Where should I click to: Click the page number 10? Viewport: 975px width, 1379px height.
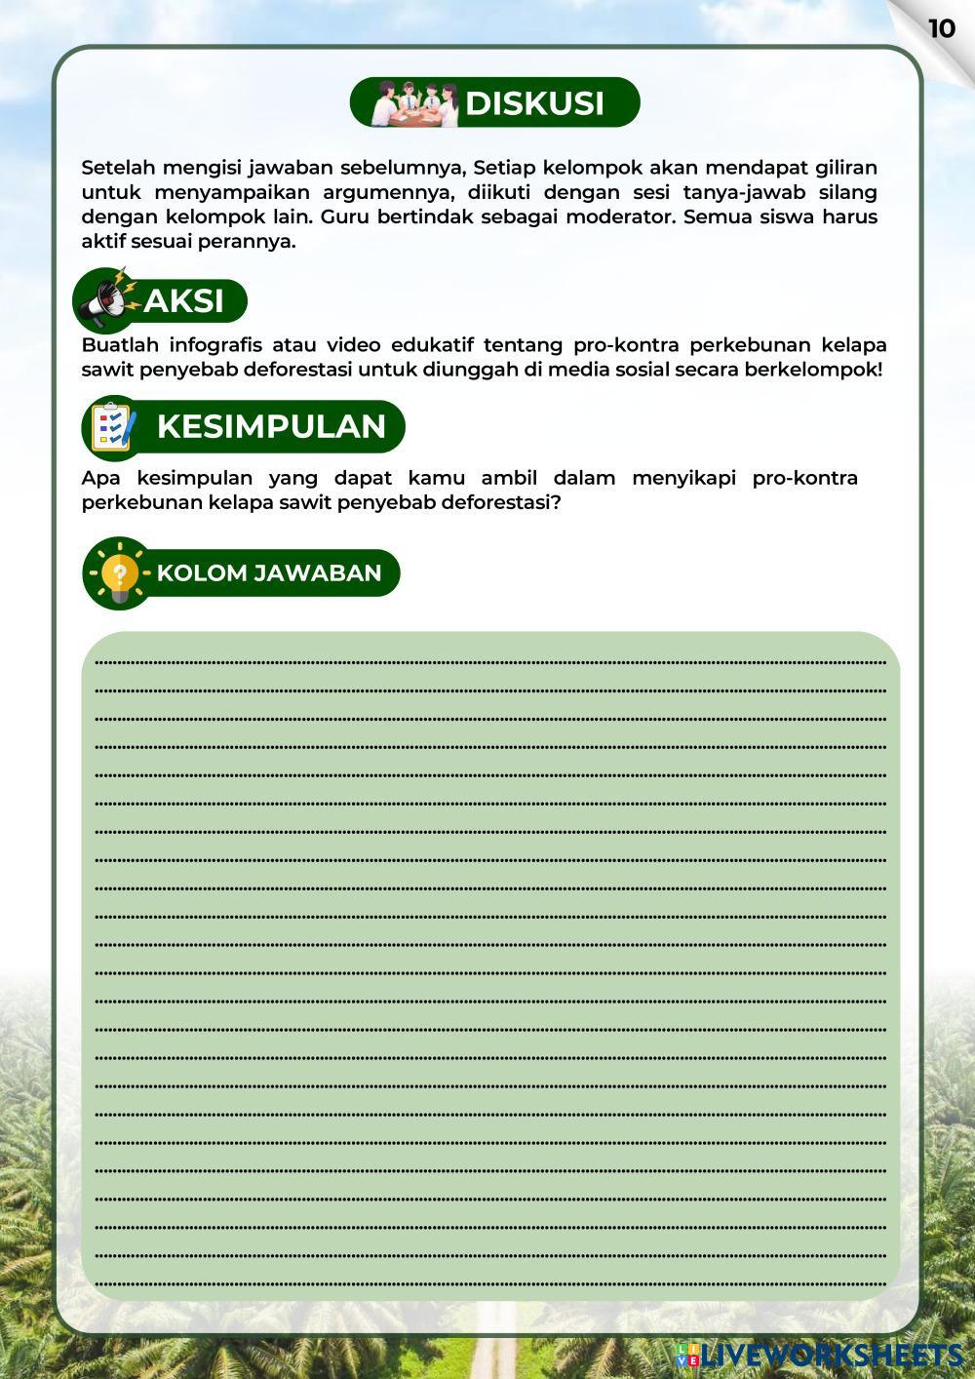click(941, 29)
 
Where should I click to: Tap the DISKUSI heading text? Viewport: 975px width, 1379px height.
click(534, 103)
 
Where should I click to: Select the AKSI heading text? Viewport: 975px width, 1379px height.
click(184, 301)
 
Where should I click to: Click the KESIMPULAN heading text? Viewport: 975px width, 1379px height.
click(271, 426)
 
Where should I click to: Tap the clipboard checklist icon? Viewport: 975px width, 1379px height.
click(113, 427)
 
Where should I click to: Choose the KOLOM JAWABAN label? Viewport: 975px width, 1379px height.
click(268, 572)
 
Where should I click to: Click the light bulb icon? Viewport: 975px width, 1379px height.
click(118, 572)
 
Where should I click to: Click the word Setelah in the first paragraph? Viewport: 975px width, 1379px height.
click(118, 168)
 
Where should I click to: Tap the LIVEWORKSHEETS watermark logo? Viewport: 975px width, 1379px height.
click(819, 1355)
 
